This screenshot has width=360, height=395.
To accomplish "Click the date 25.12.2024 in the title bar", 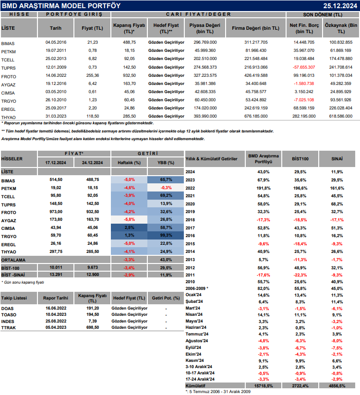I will pyautogui.click(x=339, y=5).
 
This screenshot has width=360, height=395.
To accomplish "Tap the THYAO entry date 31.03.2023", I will pyautogui.click(x=55, y=116).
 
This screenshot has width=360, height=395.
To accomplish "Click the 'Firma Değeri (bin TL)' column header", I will pyautogui.click(x=255, y=28).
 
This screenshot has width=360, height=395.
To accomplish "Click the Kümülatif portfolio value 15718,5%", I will pyautogui.click(x=264, y=385).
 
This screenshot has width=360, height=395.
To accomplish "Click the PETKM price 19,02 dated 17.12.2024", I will pyautogui.click(x=56, y=187).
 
